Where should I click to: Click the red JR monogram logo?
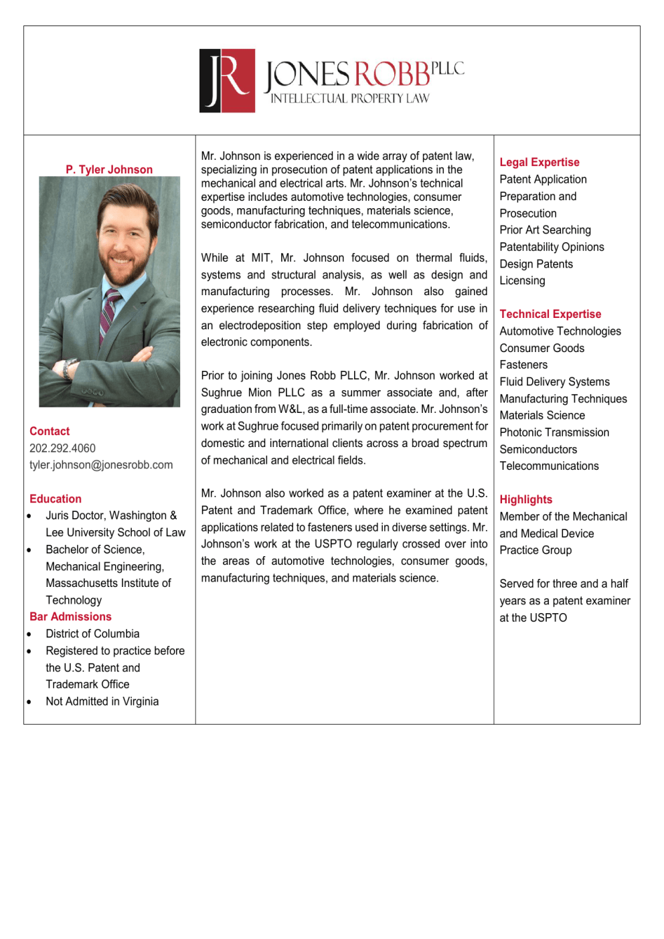(227, 80)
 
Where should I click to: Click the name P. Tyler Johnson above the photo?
(109, 169)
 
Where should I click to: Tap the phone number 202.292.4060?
(62, 448)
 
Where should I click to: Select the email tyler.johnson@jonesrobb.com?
(101, 464)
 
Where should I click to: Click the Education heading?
(56, 499)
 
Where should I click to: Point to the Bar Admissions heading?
(70, 616)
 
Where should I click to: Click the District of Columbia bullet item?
(92, 633)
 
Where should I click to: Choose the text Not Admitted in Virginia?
(102, 701)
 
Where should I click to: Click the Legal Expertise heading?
(539, 162)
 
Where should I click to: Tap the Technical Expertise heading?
(550, 314)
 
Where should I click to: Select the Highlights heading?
(526, 499)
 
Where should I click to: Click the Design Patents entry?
(536, 264)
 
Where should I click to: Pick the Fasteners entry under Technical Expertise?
(523, 365)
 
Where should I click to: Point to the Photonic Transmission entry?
(554, 432)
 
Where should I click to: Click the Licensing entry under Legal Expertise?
(522, 280)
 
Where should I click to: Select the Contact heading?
(50, 431)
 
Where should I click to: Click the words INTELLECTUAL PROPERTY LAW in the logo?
(349, 98)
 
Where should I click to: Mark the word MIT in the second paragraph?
(261, 258)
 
